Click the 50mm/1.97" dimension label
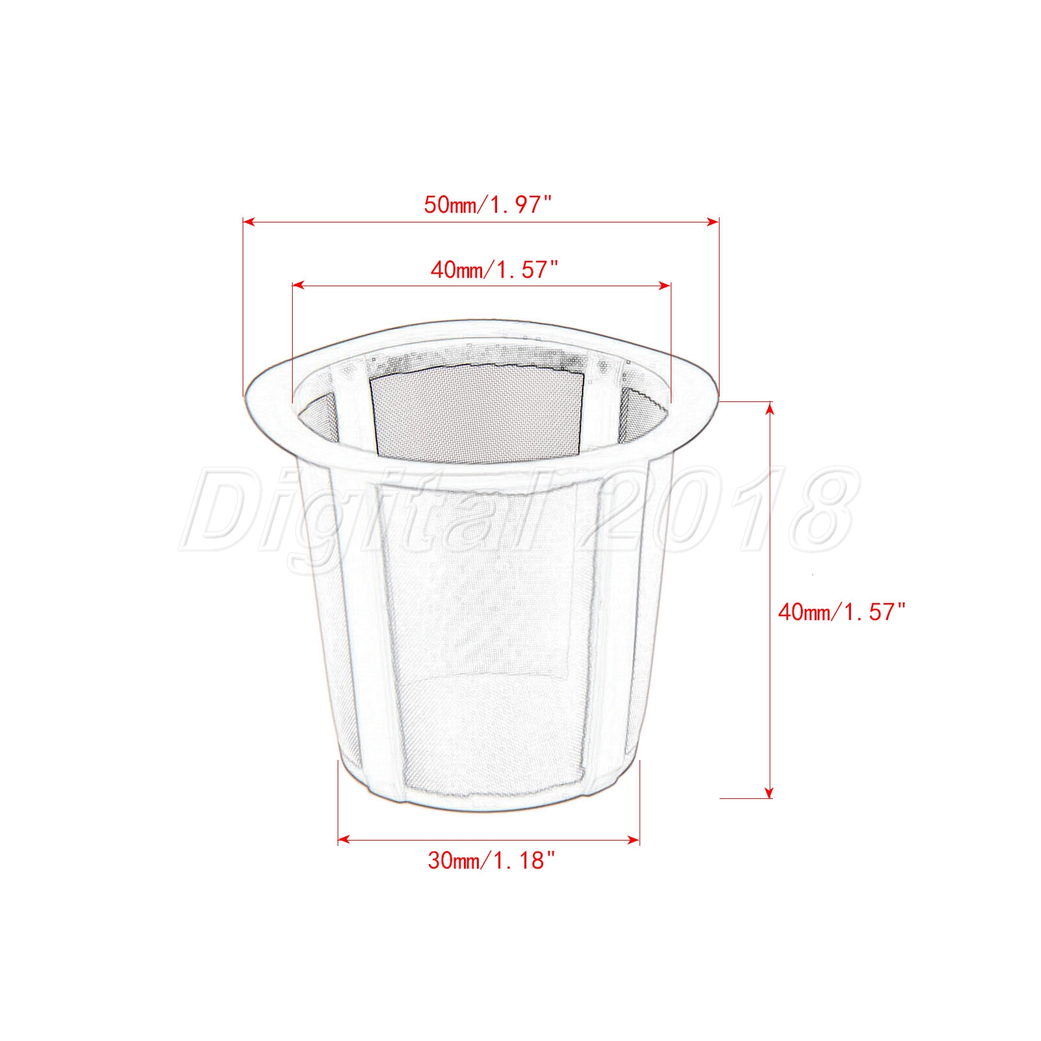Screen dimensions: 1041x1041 click(x=488, y=205)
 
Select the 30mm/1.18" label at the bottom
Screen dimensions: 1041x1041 click(x=492, y=861)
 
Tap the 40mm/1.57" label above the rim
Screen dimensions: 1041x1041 click(x=494, y=269)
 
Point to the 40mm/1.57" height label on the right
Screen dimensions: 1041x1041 click(x=842, y=612)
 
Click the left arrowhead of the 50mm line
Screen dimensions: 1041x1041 click(x=248, y=222)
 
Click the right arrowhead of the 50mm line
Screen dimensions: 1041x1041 click(x=713, y=222)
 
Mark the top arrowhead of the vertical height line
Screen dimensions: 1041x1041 click(x=770, y=408)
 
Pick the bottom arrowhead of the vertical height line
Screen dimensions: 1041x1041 click(x=770, y=792)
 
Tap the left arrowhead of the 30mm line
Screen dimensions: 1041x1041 click(x=344, y=840)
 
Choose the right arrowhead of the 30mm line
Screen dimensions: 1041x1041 click(x=634, y=840)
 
